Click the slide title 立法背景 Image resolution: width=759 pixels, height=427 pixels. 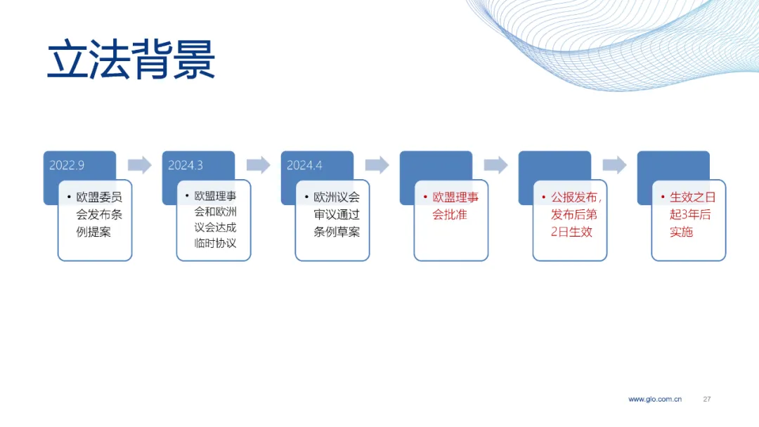(131, 60)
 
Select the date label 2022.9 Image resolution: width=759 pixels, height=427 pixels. (67, 165)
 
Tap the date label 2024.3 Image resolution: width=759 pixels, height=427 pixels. (186, 165)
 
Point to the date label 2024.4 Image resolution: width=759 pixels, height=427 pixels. (304, 165)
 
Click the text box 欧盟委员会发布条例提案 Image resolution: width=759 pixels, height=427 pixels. (95, 220)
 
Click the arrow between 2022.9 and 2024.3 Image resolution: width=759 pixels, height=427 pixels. (139, 165)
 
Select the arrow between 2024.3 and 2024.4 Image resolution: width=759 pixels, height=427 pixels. (259, 165)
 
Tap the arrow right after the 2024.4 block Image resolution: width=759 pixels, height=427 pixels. (377, 165)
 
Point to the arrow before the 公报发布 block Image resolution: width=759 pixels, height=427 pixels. (495, 165)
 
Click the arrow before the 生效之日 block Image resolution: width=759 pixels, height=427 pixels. (614, 165)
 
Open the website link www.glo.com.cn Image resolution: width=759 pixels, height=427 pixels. (655, 399)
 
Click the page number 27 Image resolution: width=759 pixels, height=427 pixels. (707, 399)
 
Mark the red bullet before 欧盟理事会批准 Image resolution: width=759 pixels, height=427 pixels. (425, 197)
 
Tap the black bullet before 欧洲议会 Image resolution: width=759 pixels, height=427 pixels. (306, 197)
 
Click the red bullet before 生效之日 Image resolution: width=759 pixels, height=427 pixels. (663, 197)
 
